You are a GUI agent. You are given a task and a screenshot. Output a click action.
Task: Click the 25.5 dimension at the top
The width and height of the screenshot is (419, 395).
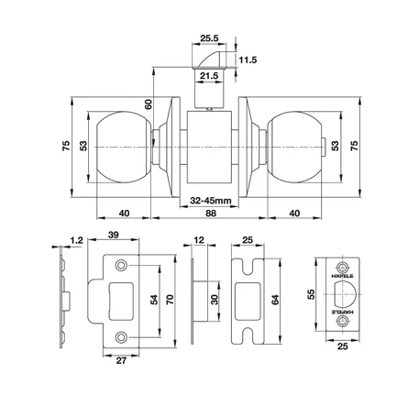[209, 38]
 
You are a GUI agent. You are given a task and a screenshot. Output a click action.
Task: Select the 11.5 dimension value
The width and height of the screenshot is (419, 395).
[248, 60]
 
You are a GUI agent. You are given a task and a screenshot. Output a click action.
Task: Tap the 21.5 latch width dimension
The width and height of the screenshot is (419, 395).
[209, 75]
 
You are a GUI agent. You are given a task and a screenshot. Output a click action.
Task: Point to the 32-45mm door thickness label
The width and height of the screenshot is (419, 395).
[211, 201]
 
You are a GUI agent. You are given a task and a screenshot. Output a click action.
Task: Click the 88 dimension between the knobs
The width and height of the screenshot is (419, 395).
[211, 214]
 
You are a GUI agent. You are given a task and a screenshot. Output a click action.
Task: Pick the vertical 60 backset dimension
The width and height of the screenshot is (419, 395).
[149, 104]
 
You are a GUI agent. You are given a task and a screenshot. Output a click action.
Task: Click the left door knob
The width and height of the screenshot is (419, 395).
[124, 147]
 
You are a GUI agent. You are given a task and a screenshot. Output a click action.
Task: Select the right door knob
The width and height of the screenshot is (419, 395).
[294, 147]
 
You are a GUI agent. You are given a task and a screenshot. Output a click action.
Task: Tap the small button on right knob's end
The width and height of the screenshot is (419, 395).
[324, 147]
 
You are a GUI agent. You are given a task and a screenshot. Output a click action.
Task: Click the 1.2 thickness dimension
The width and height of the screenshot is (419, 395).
[76, 240]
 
